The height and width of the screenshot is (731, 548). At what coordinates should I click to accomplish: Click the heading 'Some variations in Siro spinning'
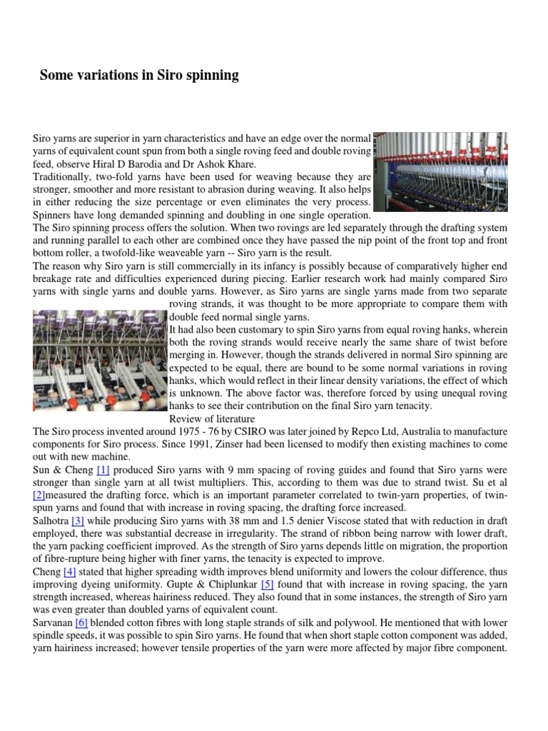(x=139, y=75)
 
